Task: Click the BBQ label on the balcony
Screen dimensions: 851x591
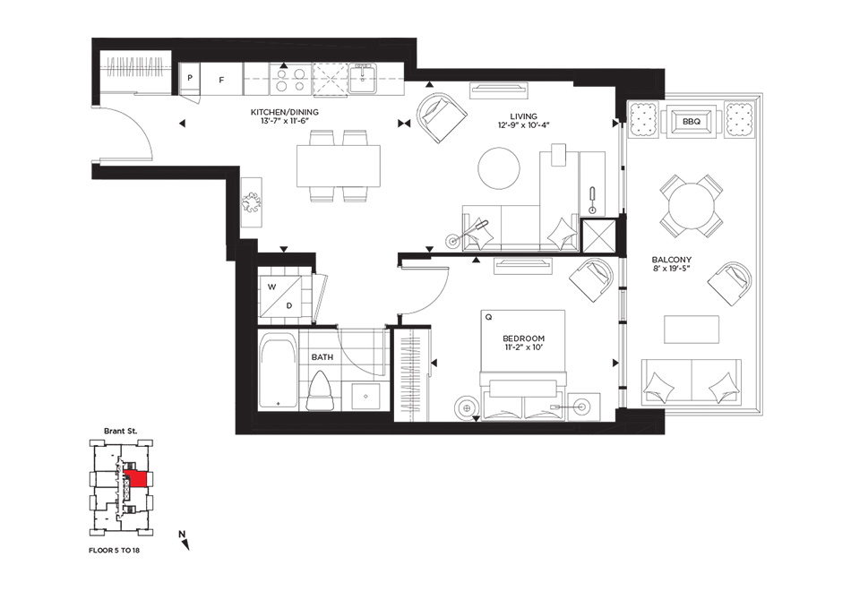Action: pos(692,122)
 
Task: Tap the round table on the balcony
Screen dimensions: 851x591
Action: pos(691,205)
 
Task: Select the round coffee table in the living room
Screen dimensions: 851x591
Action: pos(499,168)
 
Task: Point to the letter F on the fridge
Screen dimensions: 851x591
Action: pos(221,80)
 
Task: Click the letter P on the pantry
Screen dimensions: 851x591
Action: pos(190,78)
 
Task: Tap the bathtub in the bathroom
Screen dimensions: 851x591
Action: pos(279,371)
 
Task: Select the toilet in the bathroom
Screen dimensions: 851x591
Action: pos(320,391)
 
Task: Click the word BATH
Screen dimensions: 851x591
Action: pos(322,357)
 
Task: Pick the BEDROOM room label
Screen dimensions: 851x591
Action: pos(524,338)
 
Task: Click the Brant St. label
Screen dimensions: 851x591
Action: pos(121,431)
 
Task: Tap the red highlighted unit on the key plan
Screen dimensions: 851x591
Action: pos(137,480)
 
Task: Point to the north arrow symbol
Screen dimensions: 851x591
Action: pos(185,541)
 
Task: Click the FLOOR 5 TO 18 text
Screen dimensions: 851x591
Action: pos(114,551)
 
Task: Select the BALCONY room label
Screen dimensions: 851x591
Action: pos(671,260)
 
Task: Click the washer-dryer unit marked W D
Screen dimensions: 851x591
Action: pos(280,296)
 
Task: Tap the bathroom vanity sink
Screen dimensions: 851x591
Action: pos(365,396)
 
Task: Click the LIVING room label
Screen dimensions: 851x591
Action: pos(524,116)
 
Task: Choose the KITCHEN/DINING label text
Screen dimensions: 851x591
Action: pos(284,112)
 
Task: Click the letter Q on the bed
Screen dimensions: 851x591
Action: pos(488,318)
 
